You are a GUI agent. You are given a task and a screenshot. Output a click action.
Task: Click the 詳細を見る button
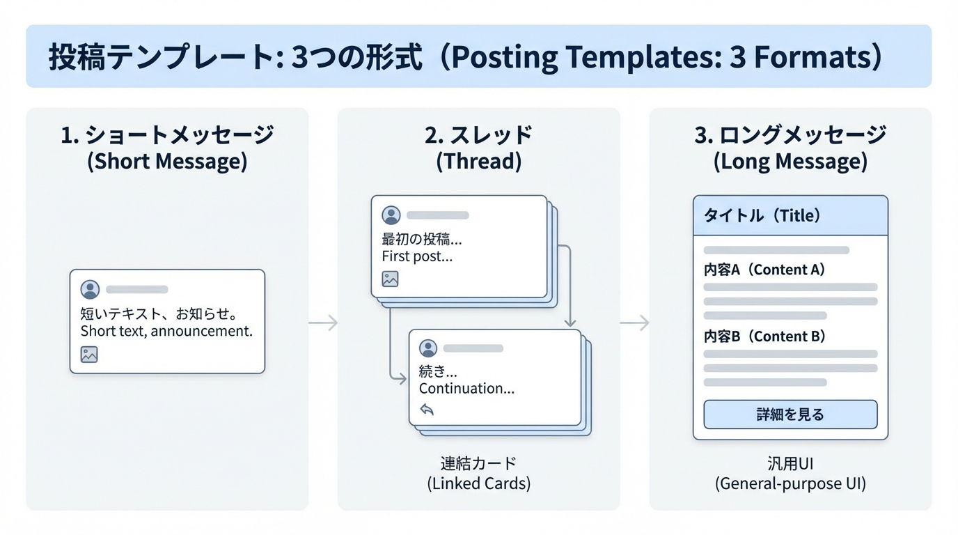pos(790,414)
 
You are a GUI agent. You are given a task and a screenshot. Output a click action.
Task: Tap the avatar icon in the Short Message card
pos(90,289)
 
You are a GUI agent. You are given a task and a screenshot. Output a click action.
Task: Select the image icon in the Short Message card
pos(89,354)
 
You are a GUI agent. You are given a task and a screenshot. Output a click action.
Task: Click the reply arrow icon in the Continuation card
pos(427,410)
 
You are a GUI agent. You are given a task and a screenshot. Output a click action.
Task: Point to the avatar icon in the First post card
pos(391,215)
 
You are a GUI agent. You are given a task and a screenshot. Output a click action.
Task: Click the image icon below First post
pos(390,279)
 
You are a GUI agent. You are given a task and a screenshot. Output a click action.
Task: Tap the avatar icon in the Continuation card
pos(428,348)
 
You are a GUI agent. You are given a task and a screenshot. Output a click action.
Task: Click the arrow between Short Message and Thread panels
pos(323,323)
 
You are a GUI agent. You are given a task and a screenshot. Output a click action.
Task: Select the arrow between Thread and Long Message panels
pos(634,323)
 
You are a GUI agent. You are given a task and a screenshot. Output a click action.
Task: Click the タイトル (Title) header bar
pos(790,216)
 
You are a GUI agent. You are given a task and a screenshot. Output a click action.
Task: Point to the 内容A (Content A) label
pos(764,270)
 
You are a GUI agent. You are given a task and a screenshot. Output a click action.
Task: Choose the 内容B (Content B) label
pos(764,336)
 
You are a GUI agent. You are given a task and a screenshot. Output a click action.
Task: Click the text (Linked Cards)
pos(478,483)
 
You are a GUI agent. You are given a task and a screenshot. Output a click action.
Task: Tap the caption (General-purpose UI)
pos(790,483)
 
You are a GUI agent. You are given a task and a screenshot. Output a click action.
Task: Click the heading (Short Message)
pos(167,162)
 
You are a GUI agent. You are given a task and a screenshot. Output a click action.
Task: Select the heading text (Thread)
pos(478,162)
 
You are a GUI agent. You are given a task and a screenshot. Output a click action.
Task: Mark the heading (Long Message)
pos(790,162)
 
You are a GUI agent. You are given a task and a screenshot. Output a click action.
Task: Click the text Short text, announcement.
pos(166,331)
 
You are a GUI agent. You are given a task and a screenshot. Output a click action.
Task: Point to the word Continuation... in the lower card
pos(466,389)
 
